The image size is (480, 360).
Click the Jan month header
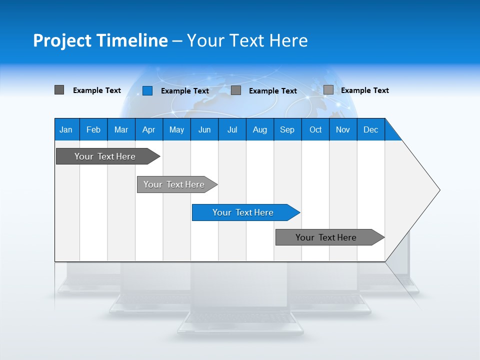(66, 129)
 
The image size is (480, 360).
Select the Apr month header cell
(148, 129)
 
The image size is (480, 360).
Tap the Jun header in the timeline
(204, 129)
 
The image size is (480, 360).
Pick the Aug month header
(259, 129)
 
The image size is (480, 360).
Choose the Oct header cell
(315, 129)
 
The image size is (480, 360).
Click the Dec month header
(370, 129)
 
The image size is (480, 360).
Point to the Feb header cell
(93, 129)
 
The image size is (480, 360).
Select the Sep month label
(287, 129)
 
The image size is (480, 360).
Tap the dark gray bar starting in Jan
(105, 156)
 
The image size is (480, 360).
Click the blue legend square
(147, 90)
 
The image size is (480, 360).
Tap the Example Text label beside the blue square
(185, 91)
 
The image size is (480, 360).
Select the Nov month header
(343, 129)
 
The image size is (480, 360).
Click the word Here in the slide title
(288, 40)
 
